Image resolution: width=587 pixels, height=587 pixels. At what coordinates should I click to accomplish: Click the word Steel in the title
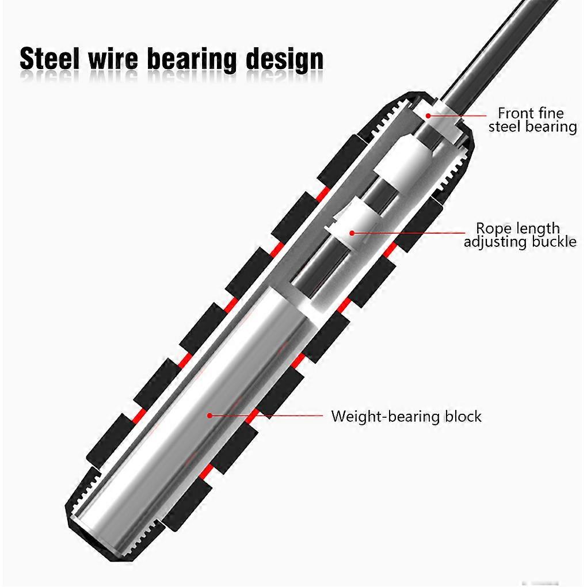pos(49,60)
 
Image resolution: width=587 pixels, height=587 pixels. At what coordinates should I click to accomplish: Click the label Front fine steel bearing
pos(532,120)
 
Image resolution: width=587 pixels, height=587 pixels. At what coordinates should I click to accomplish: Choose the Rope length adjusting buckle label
pos(520,235)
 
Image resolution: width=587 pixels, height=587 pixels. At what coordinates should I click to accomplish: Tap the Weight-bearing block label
pos(406,416)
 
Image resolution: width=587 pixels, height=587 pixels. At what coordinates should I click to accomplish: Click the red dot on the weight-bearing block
pos(210,415)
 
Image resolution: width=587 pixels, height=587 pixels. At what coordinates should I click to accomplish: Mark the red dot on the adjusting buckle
pos(352,232)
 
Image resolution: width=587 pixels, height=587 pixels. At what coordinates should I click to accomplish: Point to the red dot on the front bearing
pos(428,116)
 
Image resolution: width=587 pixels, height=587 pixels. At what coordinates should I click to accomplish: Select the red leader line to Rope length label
pos(409,233)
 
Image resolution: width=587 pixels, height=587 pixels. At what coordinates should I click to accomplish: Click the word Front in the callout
pos(514,113)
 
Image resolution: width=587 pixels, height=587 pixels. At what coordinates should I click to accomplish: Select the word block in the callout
pos(463,416)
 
